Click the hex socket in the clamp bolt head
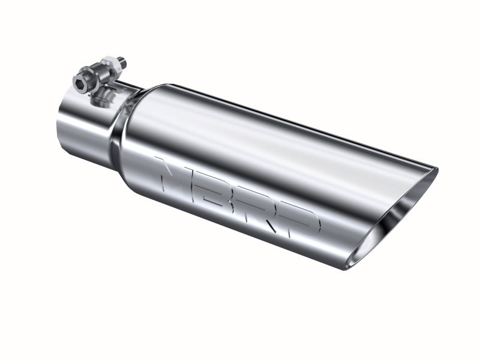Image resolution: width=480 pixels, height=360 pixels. coord(79,80)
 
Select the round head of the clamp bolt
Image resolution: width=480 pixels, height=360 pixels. coord(80,80)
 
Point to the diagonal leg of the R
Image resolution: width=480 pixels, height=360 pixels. coord(269,226)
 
